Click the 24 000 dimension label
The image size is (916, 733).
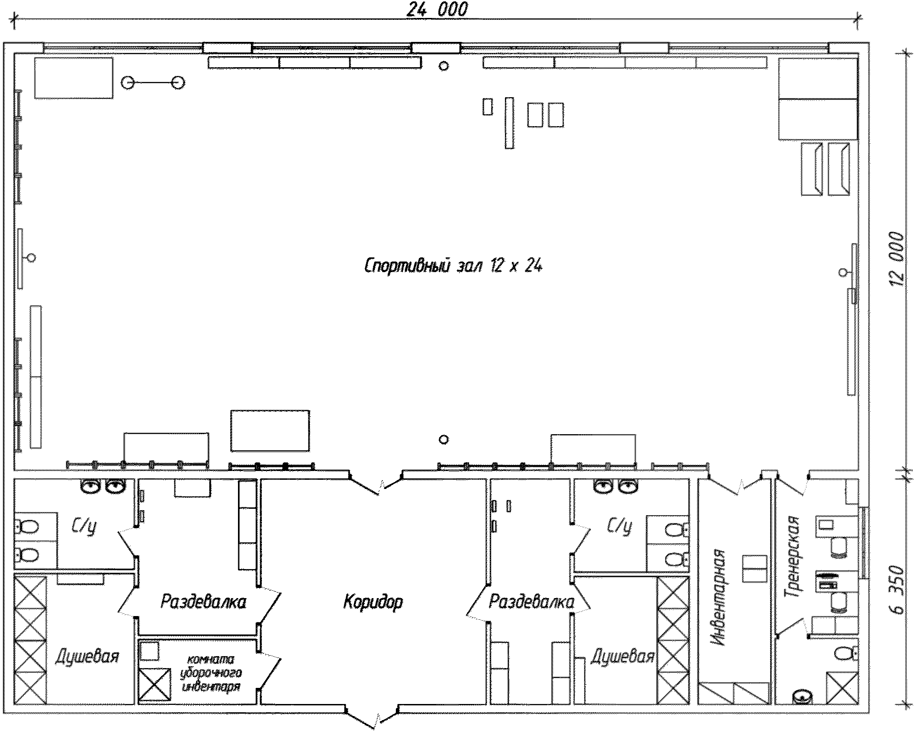(x=437, y=9)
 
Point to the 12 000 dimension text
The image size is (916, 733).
(x=897, y=259)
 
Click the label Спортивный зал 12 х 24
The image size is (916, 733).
(x=453, y=266)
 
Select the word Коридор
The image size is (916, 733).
(x=373, y=602)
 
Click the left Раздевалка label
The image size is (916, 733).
(x=203, y=601)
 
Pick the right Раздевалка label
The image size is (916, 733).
(x=531, y=601)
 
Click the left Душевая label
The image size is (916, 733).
(x=87, y=657)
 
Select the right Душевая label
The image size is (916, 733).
(x=622, y=656)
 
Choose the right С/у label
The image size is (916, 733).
(x=620, y=525)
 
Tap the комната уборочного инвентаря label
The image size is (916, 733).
(x=212, y=673)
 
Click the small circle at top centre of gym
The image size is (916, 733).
(x=444, y=66)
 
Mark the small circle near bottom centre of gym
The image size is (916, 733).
(x=444, y=440)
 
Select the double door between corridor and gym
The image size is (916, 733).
(x=376, y=483)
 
